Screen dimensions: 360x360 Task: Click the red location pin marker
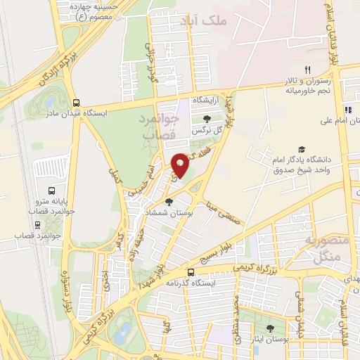click(181, 165)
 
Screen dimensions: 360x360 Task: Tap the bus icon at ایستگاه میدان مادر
click(76, 102)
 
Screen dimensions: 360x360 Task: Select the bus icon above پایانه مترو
click(51, 191)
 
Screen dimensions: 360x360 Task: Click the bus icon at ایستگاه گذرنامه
click(191, 272)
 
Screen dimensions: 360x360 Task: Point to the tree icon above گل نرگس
click(205, 120)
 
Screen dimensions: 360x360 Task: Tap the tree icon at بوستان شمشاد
click(168, 202)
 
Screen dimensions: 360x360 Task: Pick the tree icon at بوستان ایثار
click(271, 328)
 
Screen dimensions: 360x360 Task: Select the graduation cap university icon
click(302, 149)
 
